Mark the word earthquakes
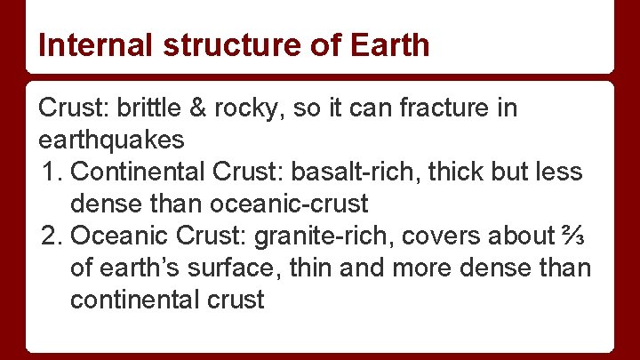click(x=112, y=140)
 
